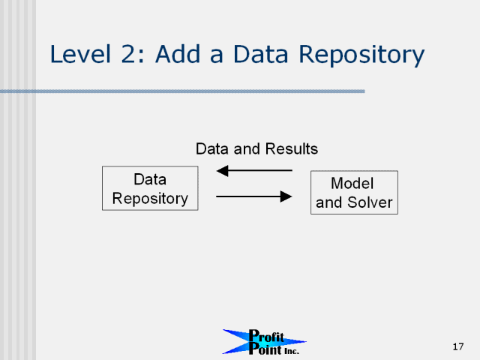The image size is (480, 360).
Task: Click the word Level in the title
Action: coord(80,54)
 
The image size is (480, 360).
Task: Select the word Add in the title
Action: coord(178,54)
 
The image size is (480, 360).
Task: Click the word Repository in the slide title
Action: coord(361,55)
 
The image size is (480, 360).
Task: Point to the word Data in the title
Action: coord(260,54)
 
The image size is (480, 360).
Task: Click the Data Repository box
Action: coord(150,188)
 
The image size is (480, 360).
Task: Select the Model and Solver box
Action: coord(354,193)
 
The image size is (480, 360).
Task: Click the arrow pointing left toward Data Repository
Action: coord(254,171)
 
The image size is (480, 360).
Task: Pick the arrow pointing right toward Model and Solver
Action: coord(254,196)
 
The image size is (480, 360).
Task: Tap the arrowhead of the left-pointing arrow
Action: coord(222,171)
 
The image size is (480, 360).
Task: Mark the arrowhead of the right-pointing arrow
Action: coord(286,196)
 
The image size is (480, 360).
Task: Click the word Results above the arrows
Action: coord(292,149)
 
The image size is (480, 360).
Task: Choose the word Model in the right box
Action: coord(352,183)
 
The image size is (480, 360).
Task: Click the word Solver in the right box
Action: coord(370,202)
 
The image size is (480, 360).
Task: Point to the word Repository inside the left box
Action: coord(150,199)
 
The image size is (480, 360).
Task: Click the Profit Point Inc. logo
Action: coord(264,342)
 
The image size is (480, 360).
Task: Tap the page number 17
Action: coord(458,346)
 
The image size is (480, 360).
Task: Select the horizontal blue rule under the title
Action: coord(182,91)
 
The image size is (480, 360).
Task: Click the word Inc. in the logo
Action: coord(292,351)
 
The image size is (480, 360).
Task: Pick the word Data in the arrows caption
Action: coord(212,149)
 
